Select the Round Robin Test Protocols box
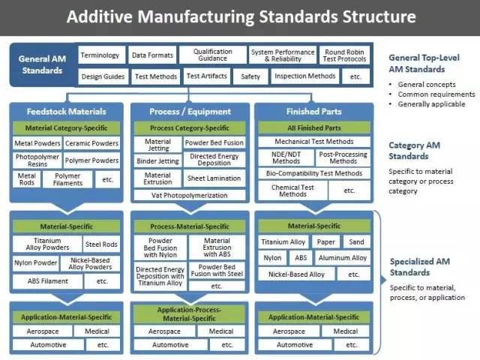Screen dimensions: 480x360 pyautogui.click(x=344, y=55)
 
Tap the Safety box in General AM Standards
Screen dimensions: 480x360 pyautogui.click(x=250, y=76)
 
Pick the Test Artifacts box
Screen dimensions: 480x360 pyautogui.click(x=207, y=76)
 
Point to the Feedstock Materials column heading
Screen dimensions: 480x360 pyautogui.click(x=67, y=112)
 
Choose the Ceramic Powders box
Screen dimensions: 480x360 pyautogui.click(x=91, y=143)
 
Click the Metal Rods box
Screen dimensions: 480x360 pyautogui.click(x=27, y=179)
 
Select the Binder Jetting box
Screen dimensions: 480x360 pyautogui.click(x=157, y=161)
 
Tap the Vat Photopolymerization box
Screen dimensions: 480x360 pyautogui.click(x=190, y=195)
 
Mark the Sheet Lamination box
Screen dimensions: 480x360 pyautogui.click(x=214, y=178)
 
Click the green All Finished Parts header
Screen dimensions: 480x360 pyautogui.click(x=314, y=128)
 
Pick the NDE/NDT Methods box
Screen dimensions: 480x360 pyautogui.click(x=286, y=157)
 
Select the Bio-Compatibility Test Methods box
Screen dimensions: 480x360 pyautogui.click(x=314, y=173)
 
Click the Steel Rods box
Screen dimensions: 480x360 pyautogui.click(x=101, y=244)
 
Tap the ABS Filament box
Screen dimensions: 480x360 pyautogui.click(x=48, y=281)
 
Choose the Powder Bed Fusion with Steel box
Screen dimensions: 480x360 pyautogui.click(x=217, y=270)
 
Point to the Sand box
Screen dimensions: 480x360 pyautogui.click(x=357, y=241)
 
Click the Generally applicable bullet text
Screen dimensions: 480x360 pyautogui.click(x=432, y=104)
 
